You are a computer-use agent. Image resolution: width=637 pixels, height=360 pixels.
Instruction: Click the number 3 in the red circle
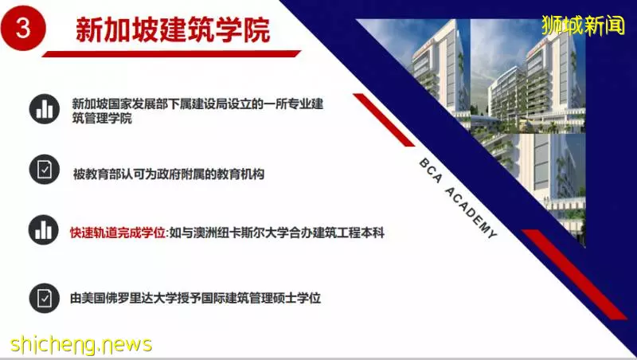coord(23,29)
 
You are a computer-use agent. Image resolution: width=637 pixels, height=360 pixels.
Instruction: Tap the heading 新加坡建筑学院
coord(173,29)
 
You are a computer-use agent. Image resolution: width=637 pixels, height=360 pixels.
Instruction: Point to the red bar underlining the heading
coord(171,53)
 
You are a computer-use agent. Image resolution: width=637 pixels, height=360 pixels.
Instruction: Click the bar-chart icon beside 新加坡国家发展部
coord(45,109)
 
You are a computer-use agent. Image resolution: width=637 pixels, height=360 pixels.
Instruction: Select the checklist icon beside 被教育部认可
coord(45,170)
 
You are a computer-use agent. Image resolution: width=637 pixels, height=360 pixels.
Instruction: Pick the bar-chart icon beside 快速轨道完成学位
coord(44,230)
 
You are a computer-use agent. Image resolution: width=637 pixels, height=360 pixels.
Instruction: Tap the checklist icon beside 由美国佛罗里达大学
coord(45,298)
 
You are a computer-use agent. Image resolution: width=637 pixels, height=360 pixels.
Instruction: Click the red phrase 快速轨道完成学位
coord(117,233)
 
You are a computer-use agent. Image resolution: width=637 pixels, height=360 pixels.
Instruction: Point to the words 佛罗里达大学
coord(142,298)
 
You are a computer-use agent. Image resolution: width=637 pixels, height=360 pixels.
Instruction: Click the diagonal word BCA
coord(431,170)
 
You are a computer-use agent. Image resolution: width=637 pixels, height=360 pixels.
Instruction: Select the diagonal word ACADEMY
coord(471,213)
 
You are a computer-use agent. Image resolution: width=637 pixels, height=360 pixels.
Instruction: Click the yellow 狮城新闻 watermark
coord(583,25)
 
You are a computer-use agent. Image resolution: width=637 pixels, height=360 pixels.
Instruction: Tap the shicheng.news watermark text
coord(81,345)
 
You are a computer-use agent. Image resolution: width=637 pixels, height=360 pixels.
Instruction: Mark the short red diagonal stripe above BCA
coord(384,119)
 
